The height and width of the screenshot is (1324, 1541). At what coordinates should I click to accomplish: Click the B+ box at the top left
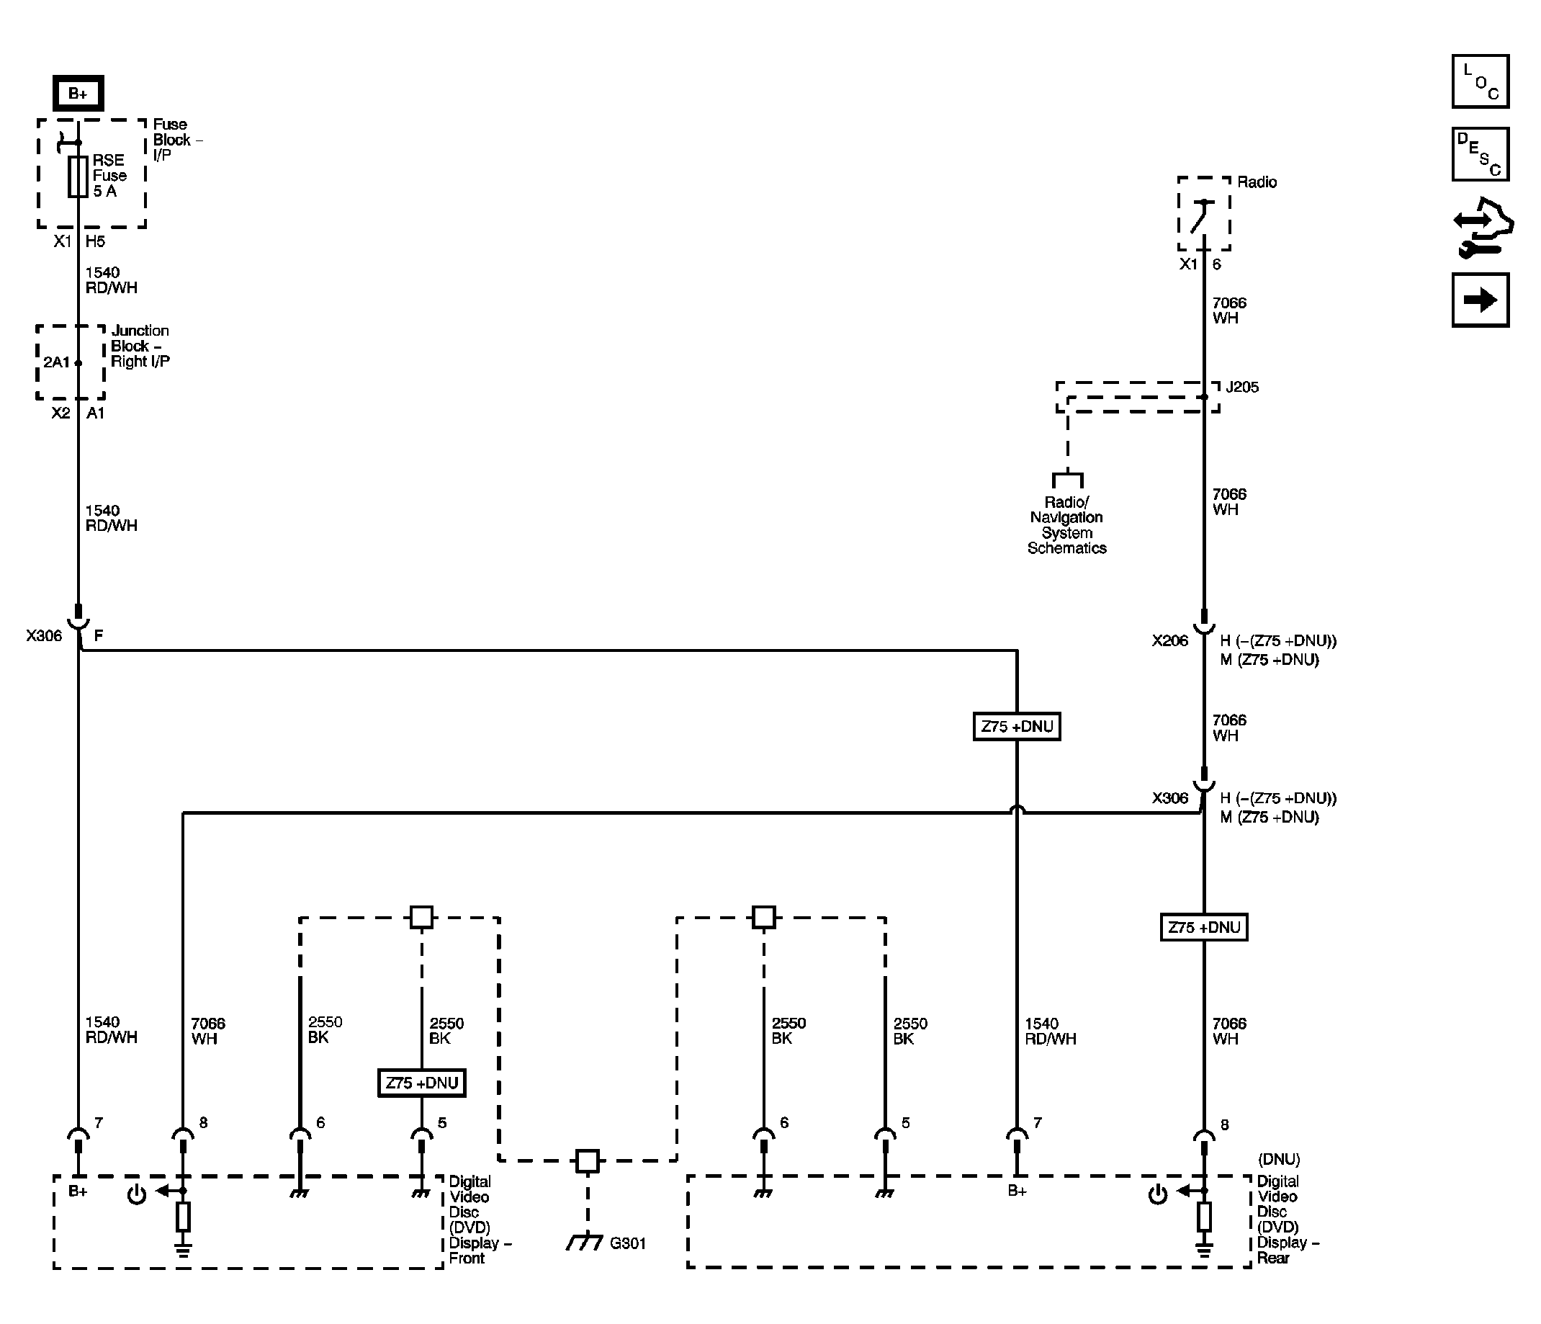tap(78, 93)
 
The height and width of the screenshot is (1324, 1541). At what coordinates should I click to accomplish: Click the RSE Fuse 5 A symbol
tap(77, 176)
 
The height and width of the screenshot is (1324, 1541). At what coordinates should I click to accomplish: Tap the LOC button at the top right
tap(1480, 81)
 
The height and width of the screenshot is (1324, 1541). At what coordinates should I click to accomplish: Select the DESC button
tap(1480, 154)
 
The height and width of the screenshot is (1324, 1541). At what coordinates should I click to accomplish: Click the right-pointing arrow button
tap(1480, 300)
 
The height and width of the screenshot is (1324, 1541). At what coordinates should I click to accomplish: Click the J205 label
tap(1242, 387)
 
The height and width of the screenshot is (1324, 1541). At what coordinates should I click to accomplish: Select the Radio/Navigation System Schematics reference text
tap(1066, 525)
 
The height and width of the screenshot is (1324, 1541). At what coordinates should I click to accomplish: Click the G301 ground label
tap(627, 1243)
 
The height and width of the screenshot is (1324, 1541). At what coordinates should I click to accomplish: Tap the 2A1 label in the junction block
tap(55, 362)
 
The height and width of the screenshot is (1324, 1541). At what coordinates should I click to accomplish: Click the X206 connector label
tap(1170, 640)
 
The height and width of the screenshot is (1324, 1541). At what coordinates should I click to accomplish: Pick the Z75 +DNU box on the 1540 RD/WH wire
tap(1016, 727)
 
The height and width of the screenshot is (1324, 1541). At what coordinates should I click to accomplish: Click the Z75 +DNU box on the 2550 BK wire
tap(421, 1083)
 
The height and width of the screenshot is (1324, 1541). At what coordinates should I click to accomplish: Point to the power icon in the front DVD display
tap(137, 1195)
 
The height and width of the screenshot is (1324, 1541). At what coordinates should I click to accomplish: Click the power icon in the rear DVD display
tap(1157, 1195)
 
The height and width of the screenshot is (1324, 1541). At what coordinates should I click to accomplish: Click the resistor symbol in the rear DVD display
tap(1203, 1217)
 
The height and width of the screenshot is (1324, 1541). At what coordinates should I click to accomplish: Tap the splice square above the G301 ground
tap(587, 1160)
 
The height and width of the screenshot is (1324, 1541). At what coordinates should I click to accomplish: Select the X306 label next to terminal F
tap(44, 635)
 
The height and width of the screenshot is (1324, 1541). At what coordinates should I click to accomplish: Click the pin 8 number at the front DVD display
tap(203, 1122)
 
